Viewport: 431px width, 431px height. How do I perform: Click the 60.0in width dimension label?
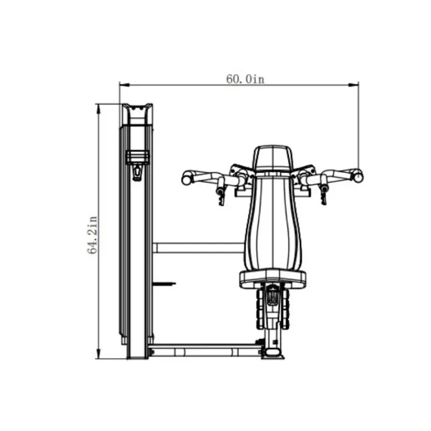click(245, 79)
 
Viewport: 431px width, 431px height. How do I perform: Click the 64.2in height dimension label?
click(92, 235)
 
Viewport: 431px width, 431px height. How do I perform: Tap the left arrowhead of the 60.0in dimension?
click(124, 85)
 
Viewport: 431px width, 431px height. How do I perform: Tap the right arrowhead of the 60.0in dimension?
click(354, 85)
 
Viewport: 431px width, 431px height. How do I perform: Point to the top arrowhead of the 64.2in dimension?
click(99, 109)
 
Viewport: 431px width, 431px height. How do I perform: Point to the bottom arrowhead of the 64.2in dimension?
click(99, 354)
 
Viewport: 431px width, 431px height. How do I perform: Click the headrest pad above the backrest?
click(273, 158)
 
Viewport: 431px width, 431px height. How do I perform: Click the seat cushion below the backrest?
click(273, 279)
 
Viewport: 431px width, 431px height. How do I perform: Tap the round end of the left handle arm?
click(186, 179)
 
